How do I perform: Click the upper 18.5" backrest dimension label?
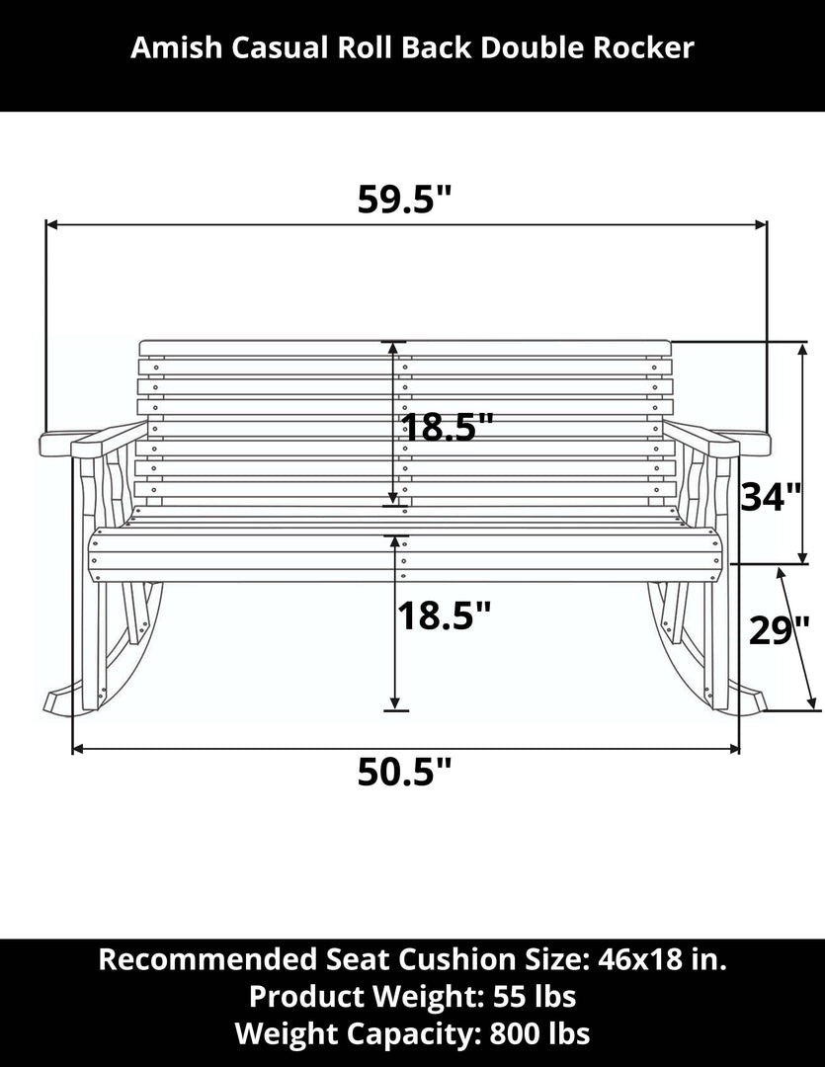click(448, 429)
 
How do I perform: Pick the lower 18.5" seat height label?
click(444, 616)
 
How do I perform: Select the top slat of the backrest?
click(405, 348)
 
